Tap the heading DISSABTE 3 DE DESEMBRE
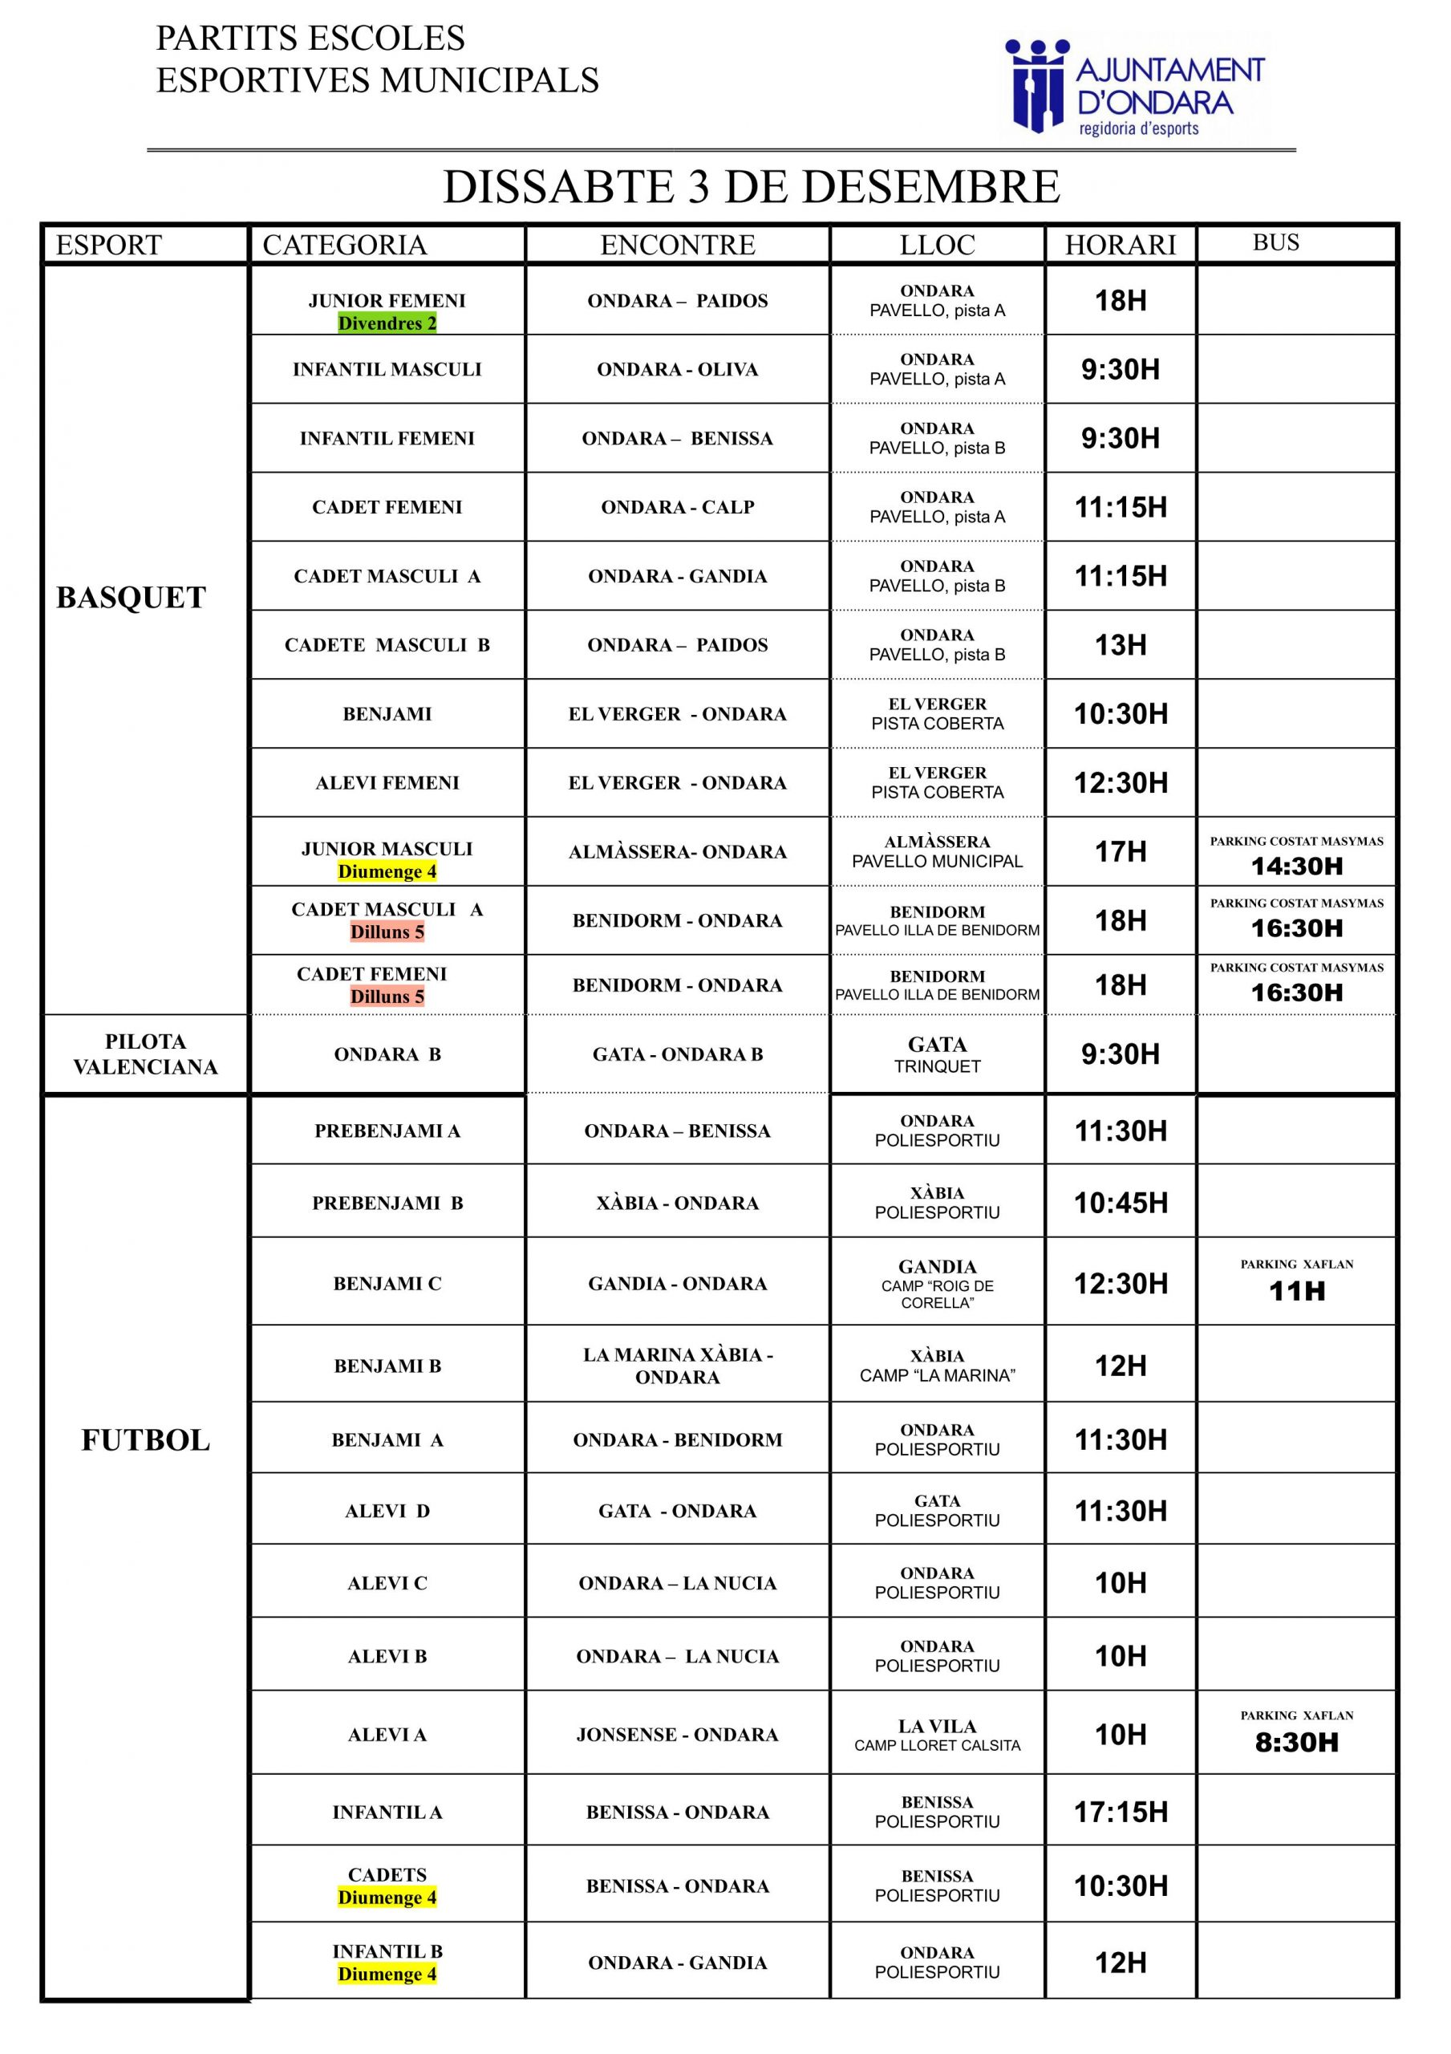[x=752, y=187]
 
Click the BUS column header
[x=1275, y=242]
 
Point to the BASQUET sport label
[x=131, y=598]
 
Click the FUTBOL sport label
[x=145, y=1440]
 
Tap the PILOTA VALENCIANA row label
[x=145, y=1053]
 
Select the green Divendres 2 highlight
[x=387, y=323]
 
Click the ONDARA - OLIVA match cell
[x=677, y=369]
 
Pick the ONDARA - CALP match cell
[x=677, y=507]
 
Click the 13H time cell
[x=1120, y=645]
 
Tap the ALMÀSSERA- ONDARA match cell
[x=677, y=851]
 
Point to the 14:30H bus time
[x=1296, y=865]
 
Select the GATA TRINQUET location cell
[x=937, y=1053]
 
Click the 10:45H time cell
[x=1120, y=1204]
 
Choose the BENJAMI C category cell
[x=387, y=1284]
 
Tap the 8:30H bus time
[x=1296, y=1742]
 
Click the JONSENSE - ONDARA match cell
[x=677, y=1735]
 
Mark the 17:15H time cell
[x=1120, y=1812]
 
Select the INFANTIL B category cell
[x=387, y=1963]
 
